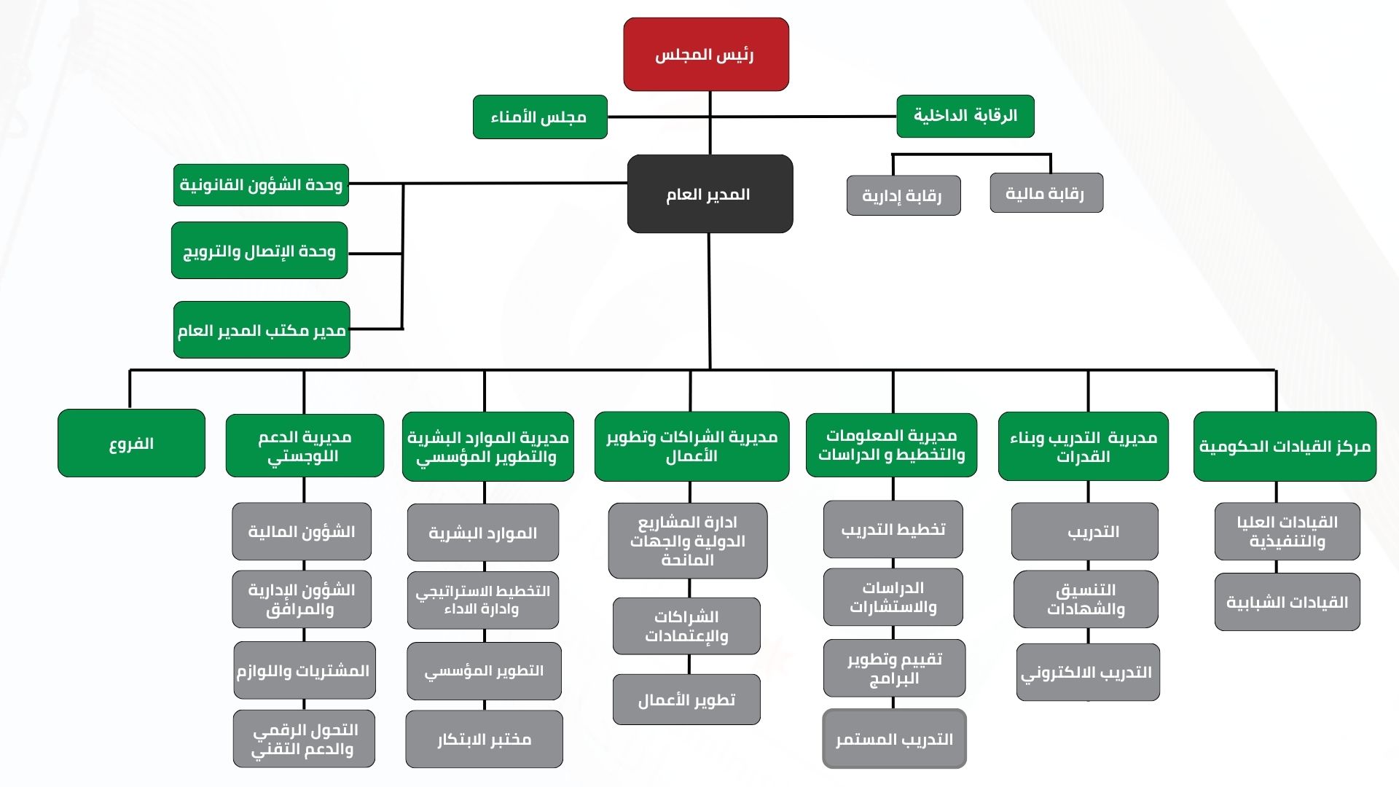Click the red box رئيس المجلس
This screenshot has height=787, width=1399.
coord(705,55)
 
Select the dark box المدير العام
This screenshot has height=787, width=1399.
coord(709,194)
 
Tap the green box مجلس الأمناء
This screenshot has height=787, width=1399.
coord(539,117)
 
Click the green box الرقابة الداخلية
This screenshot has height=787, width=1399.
coord(965,116)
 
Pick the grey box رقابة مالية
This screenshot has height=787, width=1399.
coord(1046,193)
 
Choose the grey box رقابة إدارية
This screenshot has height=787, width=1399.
coord(903,195)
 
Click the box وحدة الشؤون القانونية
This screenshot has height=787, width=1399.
coord(261,185)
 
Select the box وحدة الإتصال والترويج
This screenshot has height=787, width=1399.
coord(259,251)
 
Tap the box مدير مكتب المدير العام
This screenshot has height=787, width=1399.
coord(262,330)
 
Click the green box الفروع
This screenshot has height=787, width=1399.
coord(131,443)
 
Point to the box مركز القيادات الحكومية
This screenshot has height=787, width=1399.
coord(1285,446)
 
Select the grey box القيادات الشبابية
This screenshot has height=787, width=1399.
coord(1287,602)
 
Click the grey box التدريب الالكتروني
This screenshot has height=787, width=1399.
coord(1087,672)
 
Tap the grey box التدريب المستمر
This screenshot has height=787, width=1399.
coord(894,739)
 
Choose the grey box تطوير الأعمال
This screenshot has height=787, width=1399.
coord(686,700)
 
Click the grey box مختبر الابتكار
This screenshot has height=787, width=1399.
coord(484,739)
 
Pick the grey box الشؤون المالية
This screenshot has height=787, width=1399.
coord(302,531)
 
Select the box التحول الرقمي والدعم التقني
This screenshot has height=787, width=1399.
coord(304,739)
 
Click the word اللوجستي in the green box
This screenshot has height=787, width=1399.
coord(302,458)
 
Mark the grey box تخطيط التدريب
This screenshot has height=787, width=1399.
coord(893,529)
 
